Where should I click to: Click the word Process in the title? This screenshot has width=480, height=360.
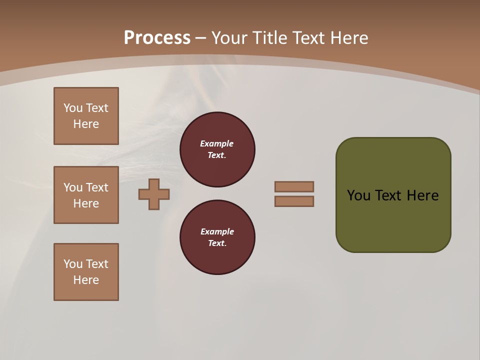pos(157,38)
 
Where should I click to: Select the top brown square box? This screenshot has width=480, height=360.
pos(86,116)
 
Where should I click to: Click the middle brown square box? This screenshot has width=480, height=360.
pos(86,195)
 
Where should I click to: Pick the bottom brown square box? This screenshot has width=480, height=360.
pos(86,272)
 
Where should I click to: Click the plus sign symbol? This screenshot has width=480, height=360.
pos(154,194)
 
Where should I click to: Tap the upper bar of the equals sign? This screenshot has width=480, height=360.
pos(294,186)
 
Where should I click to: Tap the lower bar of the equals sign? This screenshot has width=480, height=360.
pos(294,201)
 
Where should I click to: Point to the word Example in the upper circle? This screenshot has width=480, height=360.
pos(217,143)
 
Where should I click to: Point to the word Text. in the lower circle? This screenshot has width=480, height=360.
pos(217,243)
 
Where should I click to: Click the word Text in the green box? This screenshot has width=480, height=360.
pos(388,195)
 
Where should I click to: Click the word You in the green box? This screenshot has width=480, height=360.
pos(358,195)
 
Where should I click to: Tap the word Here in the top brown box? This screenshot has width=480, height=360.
pos(86,124)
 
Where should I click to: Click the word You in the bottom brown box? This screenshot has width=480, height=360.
pos(73,264)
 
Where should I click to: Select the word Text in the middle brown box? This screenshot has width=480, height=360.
pos(97,187)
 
